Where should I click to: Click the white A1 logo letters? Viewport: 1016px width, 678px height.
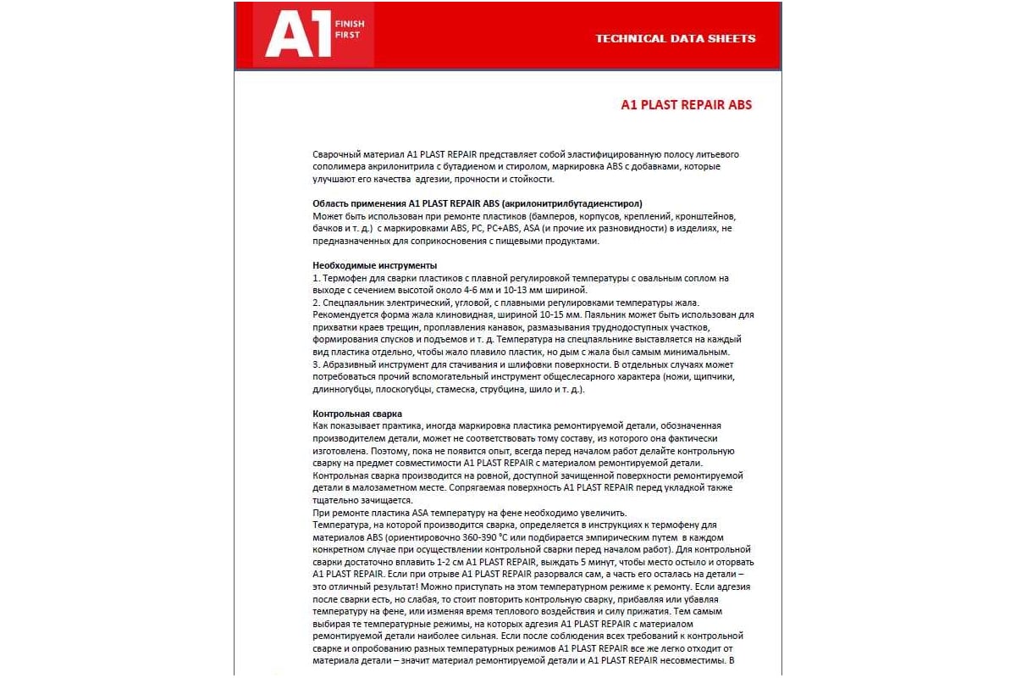297,36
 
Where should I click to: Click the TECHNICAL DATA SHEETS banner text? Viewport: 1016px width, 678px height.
675,38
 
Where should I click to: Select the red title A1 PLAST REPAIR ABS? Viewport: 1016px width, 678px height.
686,105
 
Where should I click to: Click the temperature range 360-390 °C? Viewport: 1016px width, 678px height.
485,538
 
